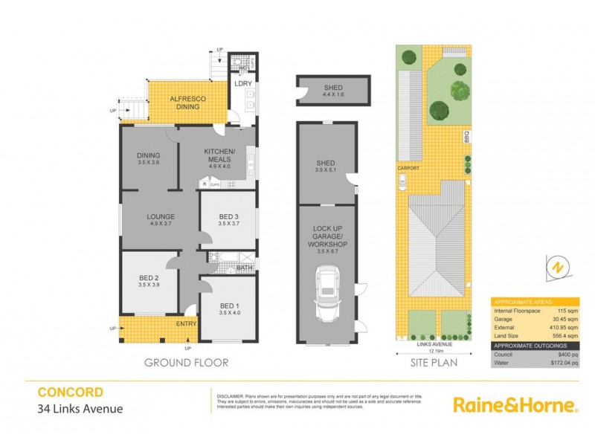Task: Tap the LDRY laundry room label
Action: point(243,84)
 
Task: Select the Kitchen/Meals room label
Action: point(219,155)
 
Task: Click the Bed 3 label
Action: point(227,217)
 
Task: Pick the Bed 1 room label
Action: point(227,308)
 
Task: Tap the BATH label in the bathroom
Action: point(245,268)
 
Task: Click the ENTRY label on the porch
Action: point(186,324)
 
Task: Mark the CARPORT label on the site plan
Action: point(409,169)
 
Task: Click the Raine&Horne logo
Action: point(515,405)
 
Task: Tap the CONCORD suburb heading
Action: point(71,392)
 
